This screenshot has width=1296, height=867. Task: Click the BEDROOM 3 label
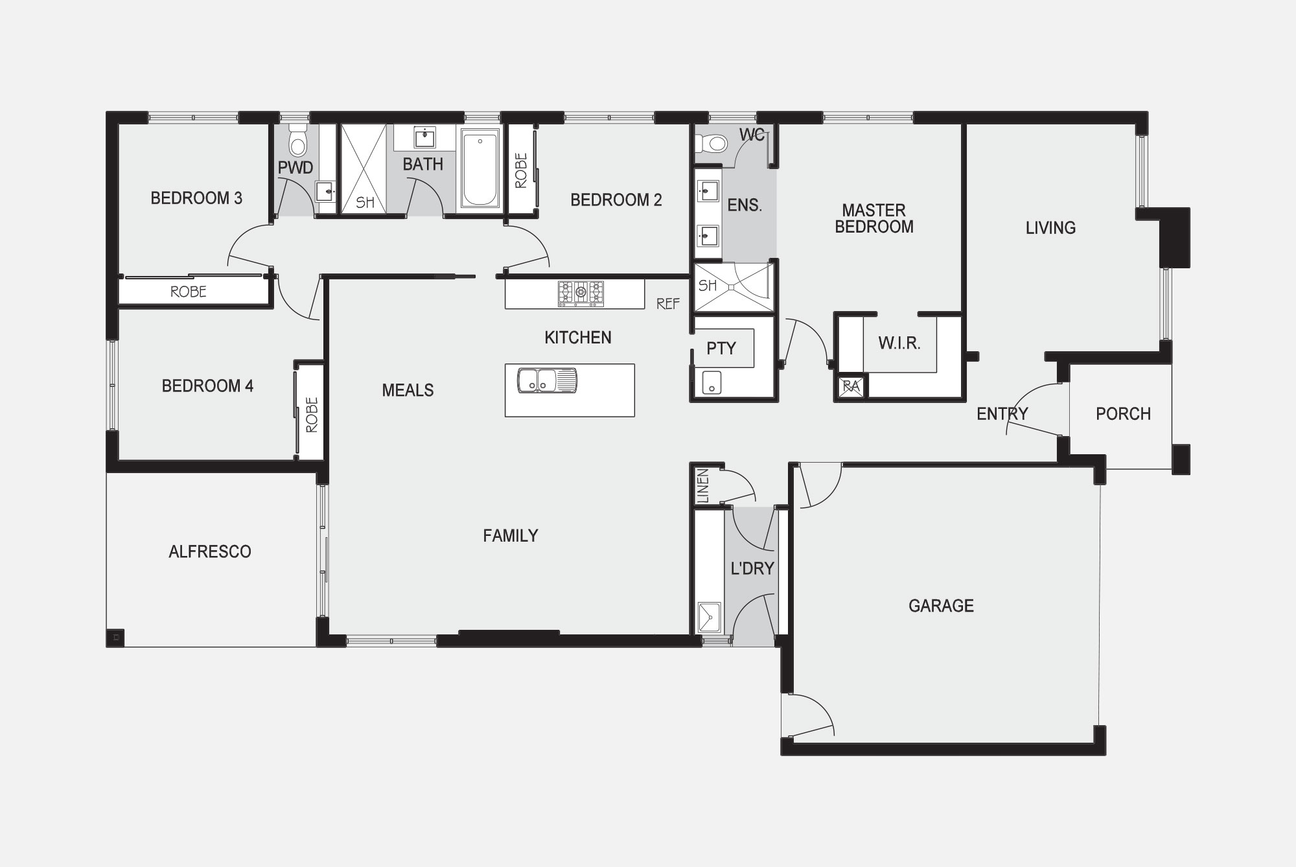pos(196,198)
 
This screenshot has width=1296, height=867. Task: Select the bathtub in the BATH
pos(480,168)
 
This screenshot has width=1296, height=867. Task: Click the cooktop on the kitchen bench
pos(581,294)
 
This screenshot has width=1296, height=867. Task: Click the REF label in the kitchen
pos(668,303)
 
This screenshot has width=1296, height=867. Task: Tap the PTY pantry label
pos(721,349)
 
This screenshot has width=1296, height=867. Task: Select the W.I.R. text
pos(899,343)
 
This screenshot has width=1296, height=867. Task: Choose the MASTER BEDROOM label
pos(874,218)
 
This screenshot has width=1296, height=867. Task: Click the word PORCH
pos(1123,414)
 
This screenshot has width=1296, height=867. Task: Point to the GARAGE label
pos(941,606)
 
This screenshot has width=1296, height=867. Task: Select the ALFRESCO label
pos(210,551)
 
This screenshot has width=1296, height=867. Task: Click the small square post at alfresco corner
pos(116,637)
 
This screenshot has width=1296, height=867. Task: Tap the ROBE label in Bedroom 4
pos(312,415)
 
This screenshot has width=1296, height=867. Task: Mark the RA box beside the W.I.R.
pos(850,387)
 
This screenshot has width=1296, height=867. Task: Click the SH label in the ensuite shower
pos(707,285)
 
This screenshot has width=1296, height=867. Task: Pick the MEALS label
pos(408,390)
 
